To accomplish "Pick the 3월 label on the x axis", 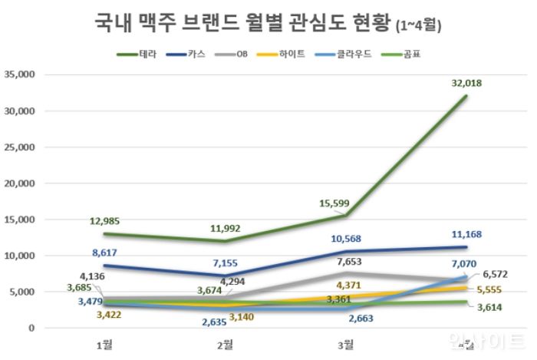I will point(346,343).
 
